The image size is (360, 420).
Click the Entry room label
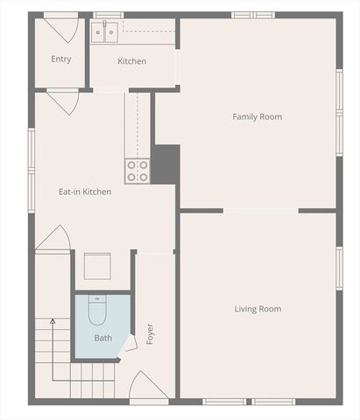coord(60,59)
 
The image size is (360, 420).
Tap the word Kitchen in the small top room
coord(131,61)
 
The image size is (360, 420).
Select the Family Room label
coord(257,116)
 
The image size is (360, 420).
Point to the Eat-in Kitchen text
coord(84,192)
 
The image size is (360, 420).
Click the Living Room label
coord(258,309)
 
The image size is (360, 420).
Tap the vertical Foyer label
coord(150,333)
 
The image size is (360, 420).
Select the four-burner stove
coord(138,171)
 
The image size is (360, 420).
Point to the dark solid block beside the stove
coord(166,164)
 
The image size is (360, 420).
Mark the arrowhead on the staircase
coord(52,322)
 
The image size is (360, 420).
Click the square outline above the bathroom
coord(97,265)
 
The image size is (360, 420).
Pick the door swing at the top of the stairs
coord(53,237)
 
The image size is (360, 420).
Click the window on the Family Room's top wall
coord(253,15)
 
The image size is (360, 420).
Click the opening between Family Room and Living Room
coord(261,210)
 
